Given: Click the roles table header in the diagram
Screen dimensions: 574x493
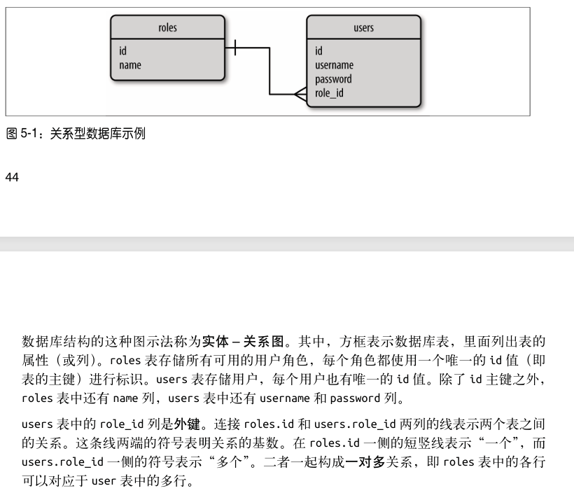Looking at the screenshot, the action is [168, 28].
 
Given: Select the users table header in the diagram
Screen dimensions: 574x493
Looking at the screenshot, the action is [363, 28].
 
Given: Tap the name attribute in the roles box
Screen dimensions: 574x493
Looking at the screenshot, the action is [130, 65].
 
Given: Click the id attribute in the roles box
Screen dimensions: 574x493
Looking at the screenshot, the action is [123, 51].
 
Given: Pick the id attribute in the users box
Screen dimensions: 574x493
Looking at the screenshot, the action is [318, 51].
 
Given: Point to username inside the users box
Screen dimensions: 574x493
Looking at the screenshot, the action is [334, 65].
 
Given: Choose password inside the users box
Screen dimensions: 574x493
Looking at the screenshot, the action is [333, 79].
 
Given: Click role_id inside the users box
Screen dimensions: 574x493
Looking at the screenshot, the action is [329, 92].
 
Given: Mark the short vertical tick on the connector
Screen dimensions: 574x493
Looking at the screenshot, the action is [235, 48].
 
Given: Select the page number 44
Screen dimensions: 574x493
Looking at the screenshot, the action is [11, 177].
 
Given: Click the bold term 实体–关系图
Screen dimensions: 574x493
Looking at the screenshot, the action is [244, 342].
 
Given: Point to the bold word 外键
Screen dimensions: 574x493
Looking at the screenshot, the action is [183, 424].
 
